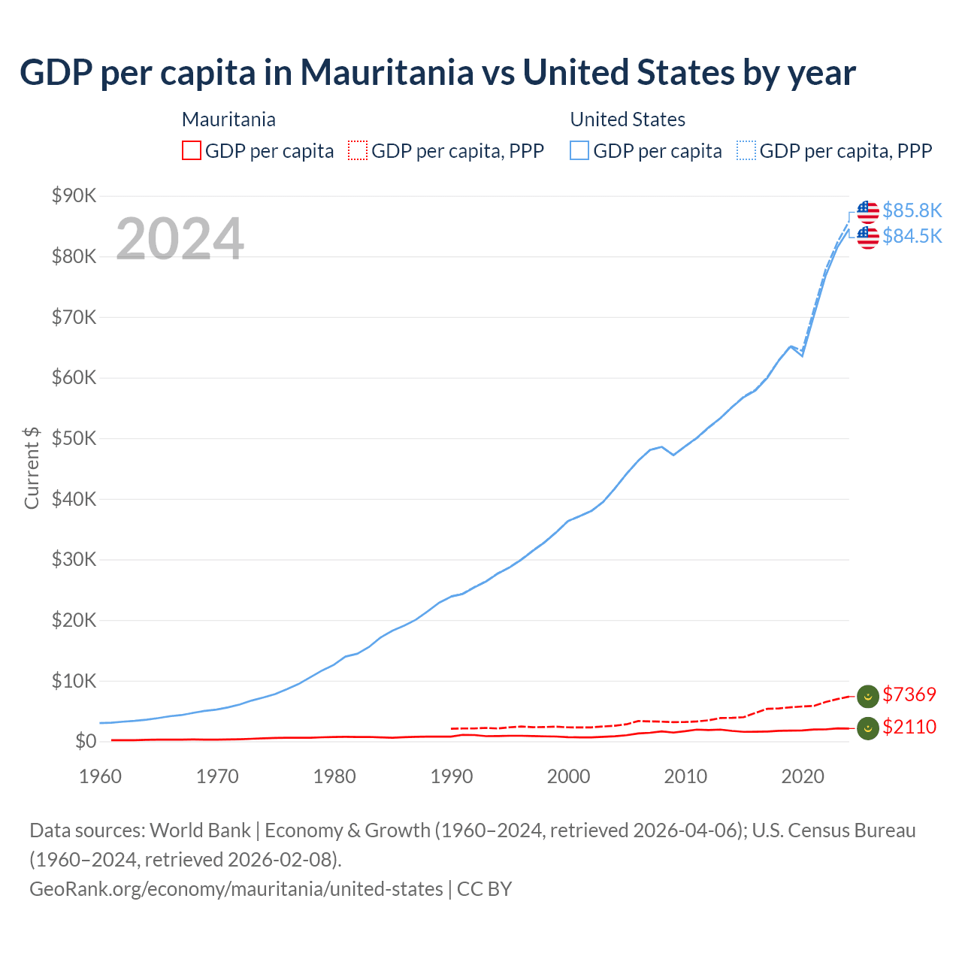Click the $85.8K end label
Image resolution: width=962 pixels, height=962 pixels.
click(912, 210)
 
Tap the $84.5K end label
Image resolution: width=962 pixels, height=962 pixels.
click(912, 236)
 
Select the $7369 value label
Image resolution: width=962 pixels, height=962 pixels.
click(909, 694)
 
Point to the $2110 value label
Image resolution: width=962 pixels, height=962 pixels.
click(909, 727)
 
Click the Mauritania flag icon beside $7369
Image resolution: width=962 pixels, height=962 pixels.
click(868, 697)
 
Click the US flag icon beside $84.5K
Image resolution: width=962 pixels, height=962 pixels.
click(868, 237)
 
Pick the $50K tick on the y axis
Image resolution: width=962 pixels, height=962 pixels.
click(74, 438)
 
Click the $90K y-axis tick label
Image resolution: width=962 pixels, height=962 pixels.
click(74, 196)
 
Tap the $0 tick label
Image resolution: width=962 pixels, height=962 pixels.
click(86, 742)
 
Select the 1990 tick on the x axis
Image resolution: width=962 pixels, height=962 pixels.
click(452, 776)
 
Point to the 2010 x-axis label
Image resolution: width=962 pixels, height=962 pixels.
click(685, 776)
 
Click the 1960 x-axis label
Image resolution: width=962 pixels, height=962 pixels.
click(101, 776)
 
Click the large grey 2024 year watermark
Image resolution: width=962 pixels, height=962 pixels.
click(180, 239)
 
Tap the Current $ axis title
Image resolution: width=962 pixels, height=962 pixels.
click(32, 467)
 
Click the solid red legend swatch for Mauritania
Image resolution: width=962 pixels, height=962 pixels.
click(192, 151)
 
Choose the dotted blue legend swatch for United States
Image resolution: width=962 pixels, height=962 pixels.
click(746, 151)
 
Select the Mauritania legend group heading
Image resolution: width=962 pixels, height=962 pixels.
click(228, 119)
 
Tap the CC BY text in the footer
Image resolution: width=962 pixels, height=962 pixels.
click(484, 889)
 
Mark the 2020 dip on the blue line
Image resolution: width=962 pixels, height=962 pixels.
click(802, 355)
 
